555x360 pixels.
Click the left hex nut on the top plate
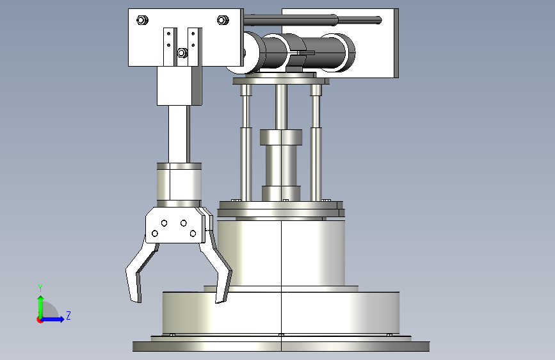pyautogui.click(x=142, y=20)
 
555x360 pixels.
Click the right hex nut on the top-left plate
pyautogui.click(x=223, y=20)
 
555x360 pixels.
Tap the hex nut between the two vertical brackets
pyautogui.click(x=182, y=53)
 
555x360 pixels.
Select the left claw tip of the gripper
pyautogui.click(x=136, y=301)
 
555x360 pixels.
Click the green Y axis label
pyautogui.click(x=40, y=288)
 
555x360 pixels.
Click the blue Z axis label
pyautogui.click(x=68, y=315)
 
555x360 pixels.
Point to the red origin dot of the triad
pyautogui.click(x=40, y=320)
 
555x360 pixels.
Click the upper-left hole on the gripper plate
pyautogui.click(x=165, y=223)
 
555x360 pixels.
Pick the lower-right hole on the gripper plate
pyautogui.click(x=193, y=234)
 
